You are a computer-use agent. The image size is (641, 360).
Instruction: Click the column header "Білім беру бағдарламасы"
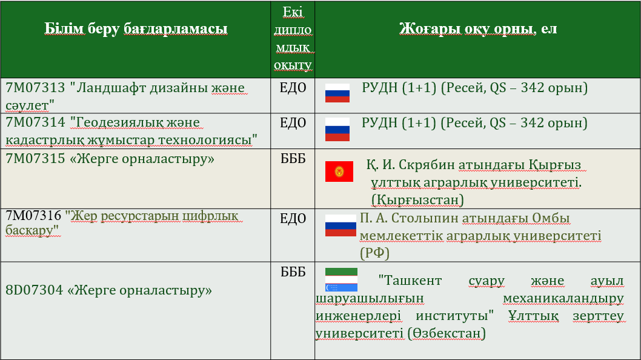136,29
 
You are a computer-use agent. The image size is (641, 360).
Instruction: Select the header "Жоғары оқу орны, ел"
478,29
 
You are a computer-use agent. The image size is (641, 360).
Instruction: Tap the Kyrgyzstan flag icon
339,172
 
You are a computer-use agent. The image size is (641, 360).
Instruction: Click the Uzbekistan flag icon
341,280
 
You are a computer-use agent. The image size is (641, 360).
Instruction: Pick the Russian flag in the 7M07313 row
337,93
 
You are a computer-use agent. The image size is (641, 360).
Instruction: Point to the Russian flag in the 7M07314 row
337,129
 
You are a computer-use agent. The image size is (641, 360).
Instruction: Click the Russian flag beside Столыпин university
340,225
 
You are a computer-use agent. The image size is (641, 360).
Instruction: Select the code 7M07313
35,88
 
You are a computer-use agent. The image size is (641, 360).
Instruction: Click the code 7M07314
35,122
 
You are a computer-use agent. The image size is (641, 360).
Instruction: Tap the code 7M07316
33,215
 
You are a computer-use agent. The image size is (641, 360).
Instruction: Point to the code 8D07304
35,290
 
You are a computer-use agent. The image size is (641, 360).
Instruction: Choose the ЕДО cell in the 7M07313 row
293,88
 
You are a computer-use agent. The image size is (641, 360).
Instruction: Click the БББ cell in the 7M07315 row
293,158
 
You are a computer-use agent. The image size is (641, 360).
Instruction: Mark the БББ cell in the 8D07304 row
293,272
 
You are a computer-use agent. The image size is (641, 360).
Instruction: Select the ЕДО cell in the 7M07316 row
293,218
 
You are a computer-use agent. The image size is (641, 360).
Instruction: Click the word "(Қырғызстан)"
417,200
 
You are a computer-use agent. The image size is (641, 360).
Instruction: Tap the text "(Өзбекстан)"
447,333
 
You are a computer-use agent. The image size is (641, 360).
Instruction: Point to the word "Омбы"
551,218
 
